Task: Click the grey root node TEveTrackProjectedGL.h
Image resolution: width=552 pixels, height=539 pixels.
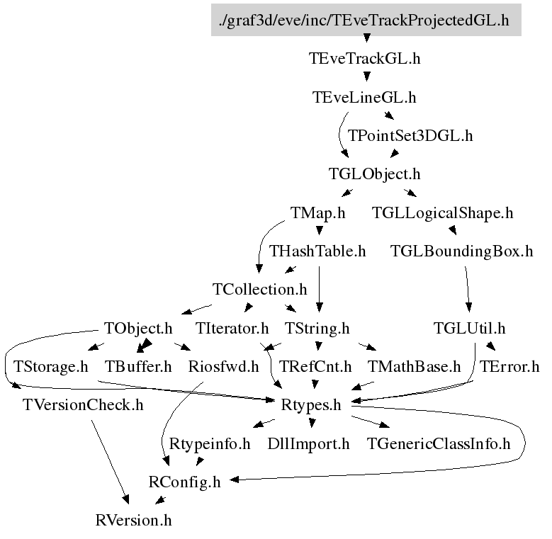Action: coord(366,19)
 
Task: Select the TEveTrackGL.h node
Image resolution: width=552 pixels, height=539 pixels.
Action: coord(365,58)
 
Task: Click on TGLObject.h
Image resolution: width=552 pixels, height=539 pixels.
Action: coord(375,174)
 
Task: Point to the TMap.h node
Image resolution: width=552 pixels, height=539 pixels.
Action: coord(317,212)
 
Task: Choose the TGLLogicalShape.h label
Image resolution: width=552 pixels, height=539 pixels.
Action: coord(443,212)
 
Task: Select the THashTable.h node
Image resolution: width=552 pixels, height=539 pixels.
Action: coord(317,251)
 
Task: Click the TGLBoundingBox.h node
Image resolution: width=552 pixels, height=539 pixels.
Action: coord(461,251)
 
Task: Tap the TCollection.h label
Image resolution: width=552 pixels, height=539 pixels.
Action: coord(259,290)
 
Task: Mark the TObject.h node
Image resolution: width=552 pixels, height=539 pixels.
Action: coord(138,328)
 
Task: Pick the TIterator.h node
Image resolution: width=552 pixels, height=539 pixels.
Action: coord(232,328)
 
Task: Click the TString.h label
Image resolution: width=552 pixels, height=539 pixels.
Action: coord(317,328)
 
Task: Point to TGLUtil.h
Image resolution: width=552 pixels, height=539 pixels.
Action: coord(469,328)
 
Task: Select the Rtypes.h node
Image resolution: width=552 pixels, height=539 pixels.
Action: coord(312,406)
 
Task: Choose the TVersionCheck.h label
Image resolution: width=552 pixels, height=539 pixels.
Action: coord(83,406)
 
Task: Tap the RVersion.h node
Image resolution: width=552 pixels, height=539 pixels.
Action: coord(133,521)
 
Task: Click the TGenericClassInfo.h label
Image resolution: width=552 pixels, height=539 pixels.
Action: coord(439,444)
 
